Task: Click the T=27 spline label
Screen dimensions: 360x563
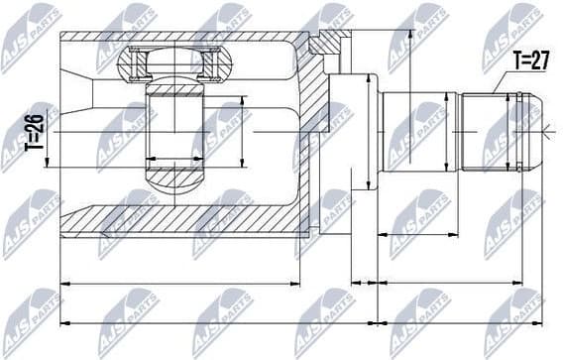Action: [529, 60]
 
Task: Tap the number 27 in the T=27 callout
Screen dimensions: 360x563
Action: [537, 60]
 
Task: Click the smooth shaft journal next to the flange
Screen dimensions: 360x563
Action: [421, 130]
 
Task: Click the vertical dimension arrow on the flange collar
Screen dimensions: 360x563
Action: [369, 130]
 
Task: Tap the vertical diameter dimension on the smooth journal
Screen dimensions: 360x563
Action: [385, 130]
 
